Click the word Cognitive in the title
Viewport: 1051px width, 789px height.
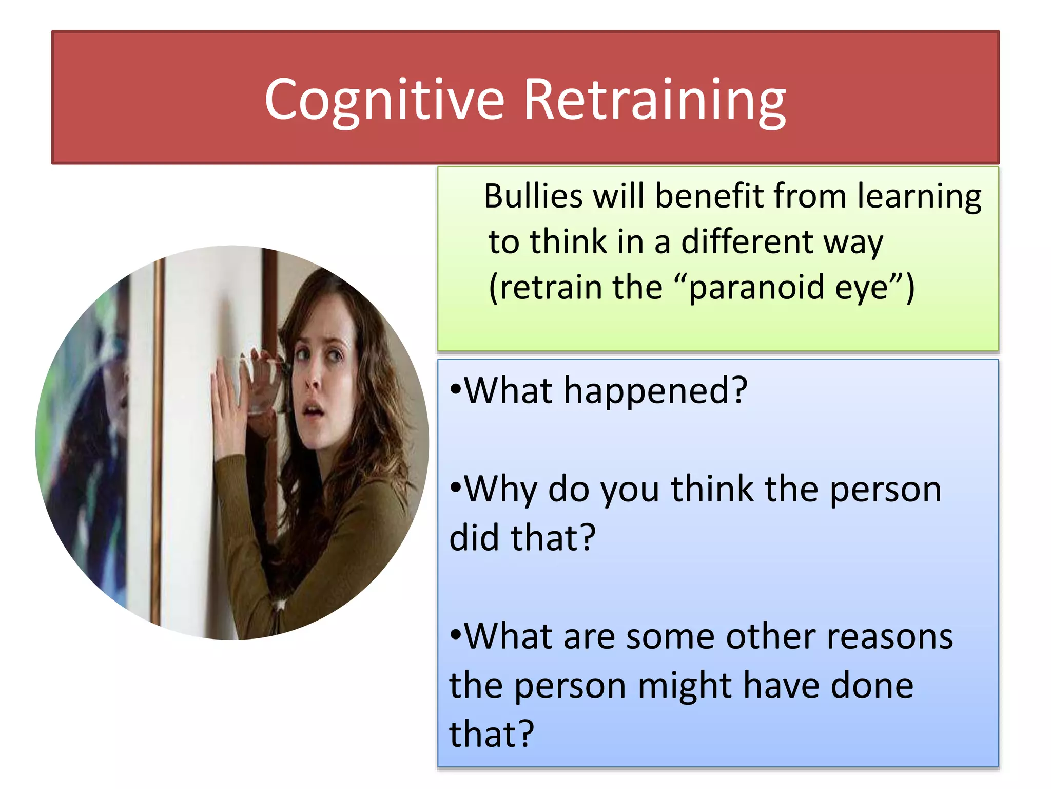[384, 100]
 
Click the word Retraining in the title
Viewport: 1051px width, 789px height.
[654, 100]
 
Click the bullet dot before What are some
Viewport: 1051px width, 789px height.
[456, 635]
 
